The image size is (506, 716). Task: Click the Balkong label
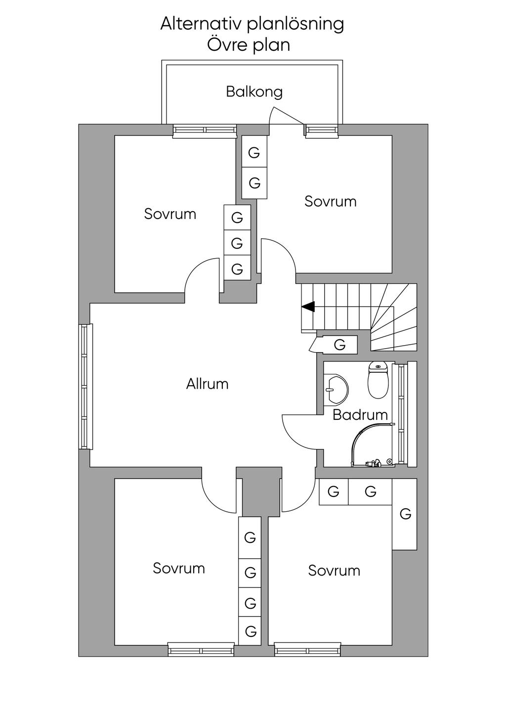click(254, 92)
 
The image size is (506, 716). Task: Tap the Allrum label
click(208, 384)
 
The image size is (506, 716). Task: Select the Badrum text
click(360, 415)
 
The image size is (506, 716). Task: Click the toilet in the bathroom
click(378, 380)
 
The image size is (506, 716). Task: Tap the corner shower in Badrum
click(373, 445)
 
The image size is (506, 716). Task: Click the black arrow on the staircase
click(308, 307)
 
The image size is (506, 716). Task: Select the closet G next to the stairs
click(339, 345)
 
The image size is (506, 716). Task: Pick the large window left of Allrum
click(85, 387)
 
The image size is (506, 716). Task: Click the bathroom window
click(401, 414)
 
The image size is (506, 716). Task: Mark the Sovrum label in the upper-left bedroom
click(170, 214)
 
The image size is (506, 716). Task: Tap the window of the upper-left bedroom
click(205, 131)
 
